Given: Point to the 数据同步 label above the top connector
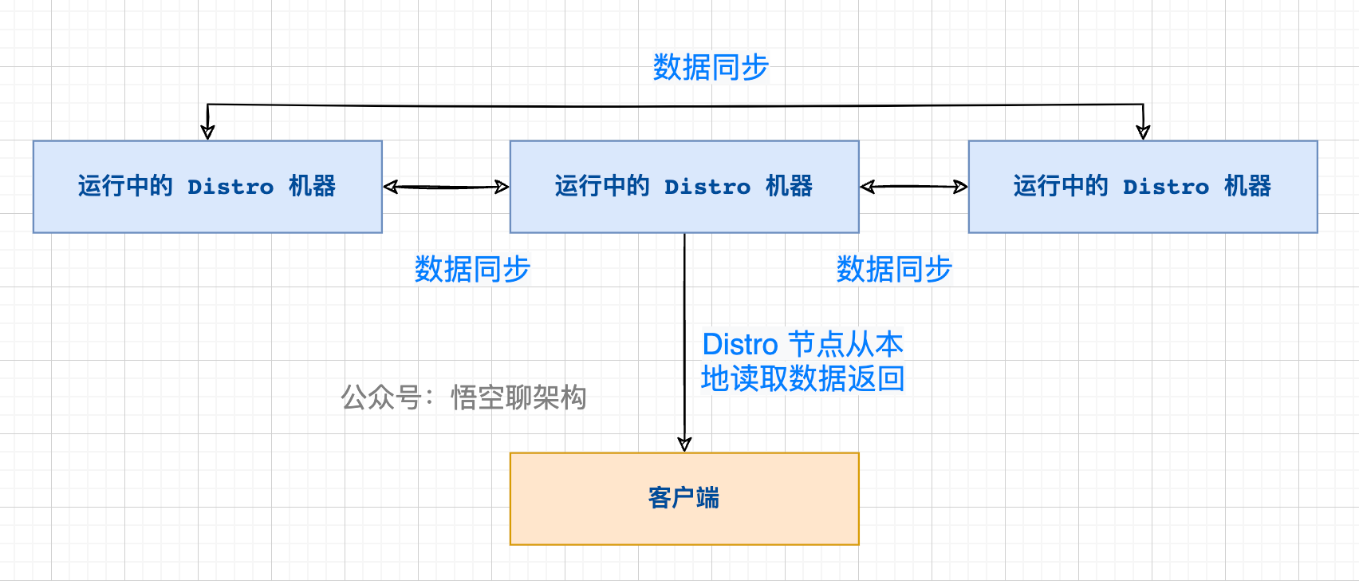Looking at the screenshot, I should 710,68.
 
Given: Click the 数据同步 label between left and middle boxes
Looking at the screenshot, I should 472,270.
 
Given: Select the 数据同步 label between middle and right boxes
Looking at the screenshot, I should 894,270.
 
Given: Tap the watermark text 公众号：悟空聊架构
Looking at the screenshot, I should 464,397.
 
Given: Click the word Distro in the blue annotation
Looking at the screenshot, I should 739,345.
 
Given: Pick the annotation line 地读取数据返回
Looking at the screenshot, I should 802,378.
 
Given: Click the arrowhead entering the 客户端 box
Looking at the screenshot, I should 684,444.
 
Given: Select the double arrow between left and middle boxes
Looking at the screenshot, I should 446,187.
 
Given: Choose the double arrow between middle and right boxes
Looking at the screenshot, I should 914,187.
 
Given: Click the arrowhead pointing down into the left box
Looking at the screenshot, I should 207,132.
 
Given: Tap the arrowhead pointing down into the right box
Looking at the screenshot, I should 1143,132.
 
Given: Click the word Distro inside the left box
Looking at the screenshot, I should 230,187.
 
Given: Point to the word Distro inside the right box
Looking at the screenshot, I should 1166,187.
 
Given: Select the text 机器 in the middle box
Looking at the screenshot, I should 789,187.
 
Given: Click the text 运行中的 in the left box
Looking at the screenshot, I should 125,187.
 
